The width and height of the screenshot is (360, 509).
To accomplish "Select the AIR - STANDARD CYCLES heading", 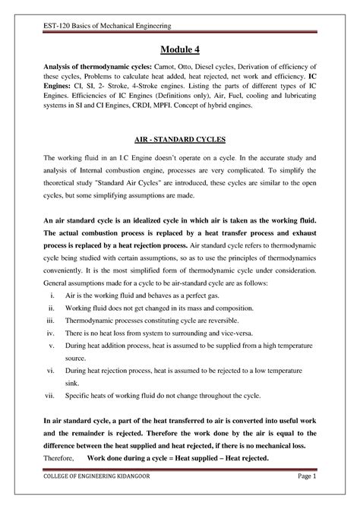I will tap(180, 141).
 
